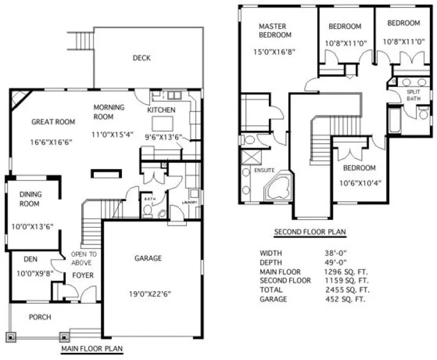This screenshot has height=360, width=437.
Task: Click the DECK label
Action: tap(142, 58)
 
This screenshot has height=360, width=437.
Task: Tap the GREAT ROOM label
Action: tap(53, 122)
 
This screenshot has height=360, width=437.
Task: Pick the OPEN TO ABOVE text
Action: tap(85, 258)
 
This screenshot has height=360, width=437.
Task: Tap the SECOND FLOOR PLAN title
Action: tap(310, 232)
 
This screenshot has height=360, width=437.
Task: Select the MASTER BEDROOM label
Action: tap(275, 30)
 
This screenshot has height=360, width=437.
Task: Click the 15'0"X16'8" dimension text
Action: tap(276, 53)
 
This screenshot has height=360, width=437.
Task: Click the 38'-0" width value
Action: tap(335, 253)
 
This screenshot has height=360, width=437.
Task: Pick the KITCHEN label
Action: tap(162, 111)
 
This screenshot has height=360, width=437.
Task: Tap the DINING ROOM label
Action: tap(31, 199)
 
